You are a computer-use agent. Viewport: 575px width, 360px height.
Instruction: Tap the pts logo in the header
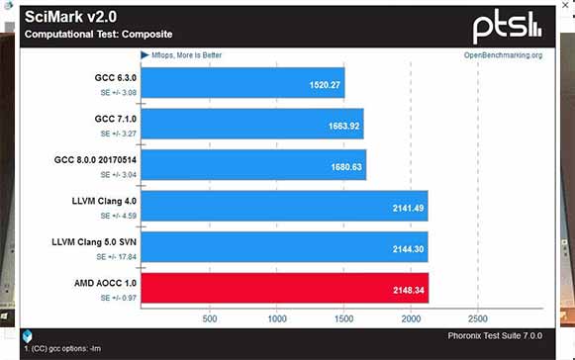coord(506,25)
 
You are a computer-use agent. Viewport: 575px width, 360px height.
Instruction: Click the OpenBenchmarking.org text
coord(503,55)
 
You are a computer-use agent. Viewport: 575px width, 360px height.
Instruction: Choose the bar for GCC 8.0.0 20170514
coord(254,165)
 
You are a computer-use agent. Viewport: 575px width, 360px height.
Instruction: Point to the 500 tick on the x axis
coord(210,319)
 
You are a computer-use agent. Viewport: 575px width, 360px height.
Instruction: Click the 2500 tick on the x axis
coord(477,319)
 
